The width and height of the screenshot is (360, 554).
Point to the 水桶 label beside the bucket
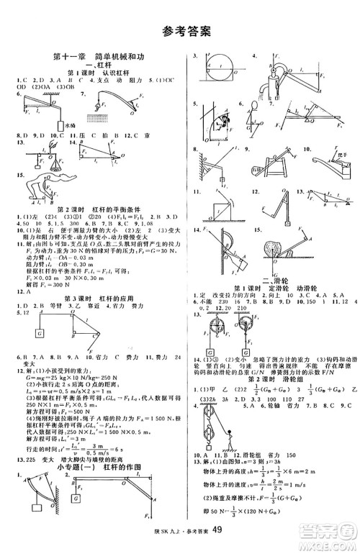coord(71,124)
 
